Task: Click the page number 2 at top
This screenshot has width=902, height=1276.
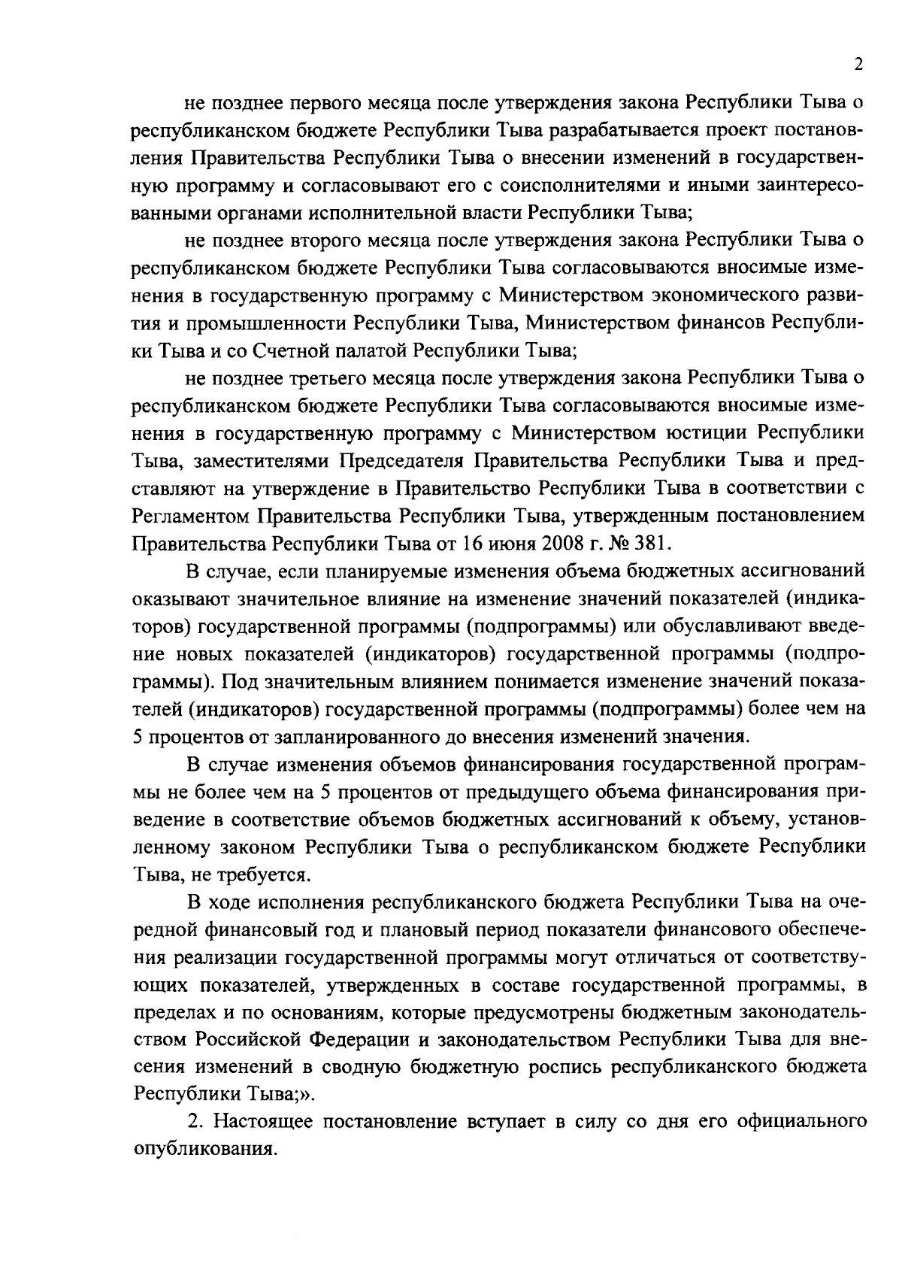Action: coord(858,65)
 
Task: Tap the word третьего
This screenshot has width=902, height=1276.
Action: coord(325,377)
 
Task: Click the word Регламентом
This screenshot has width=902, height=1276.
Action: coord(189,515)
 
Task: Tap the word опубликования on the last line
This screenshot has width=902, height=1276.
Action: coord(201,1150)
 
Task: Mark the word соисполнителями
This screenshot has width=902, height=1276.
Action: coord(587,185)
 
